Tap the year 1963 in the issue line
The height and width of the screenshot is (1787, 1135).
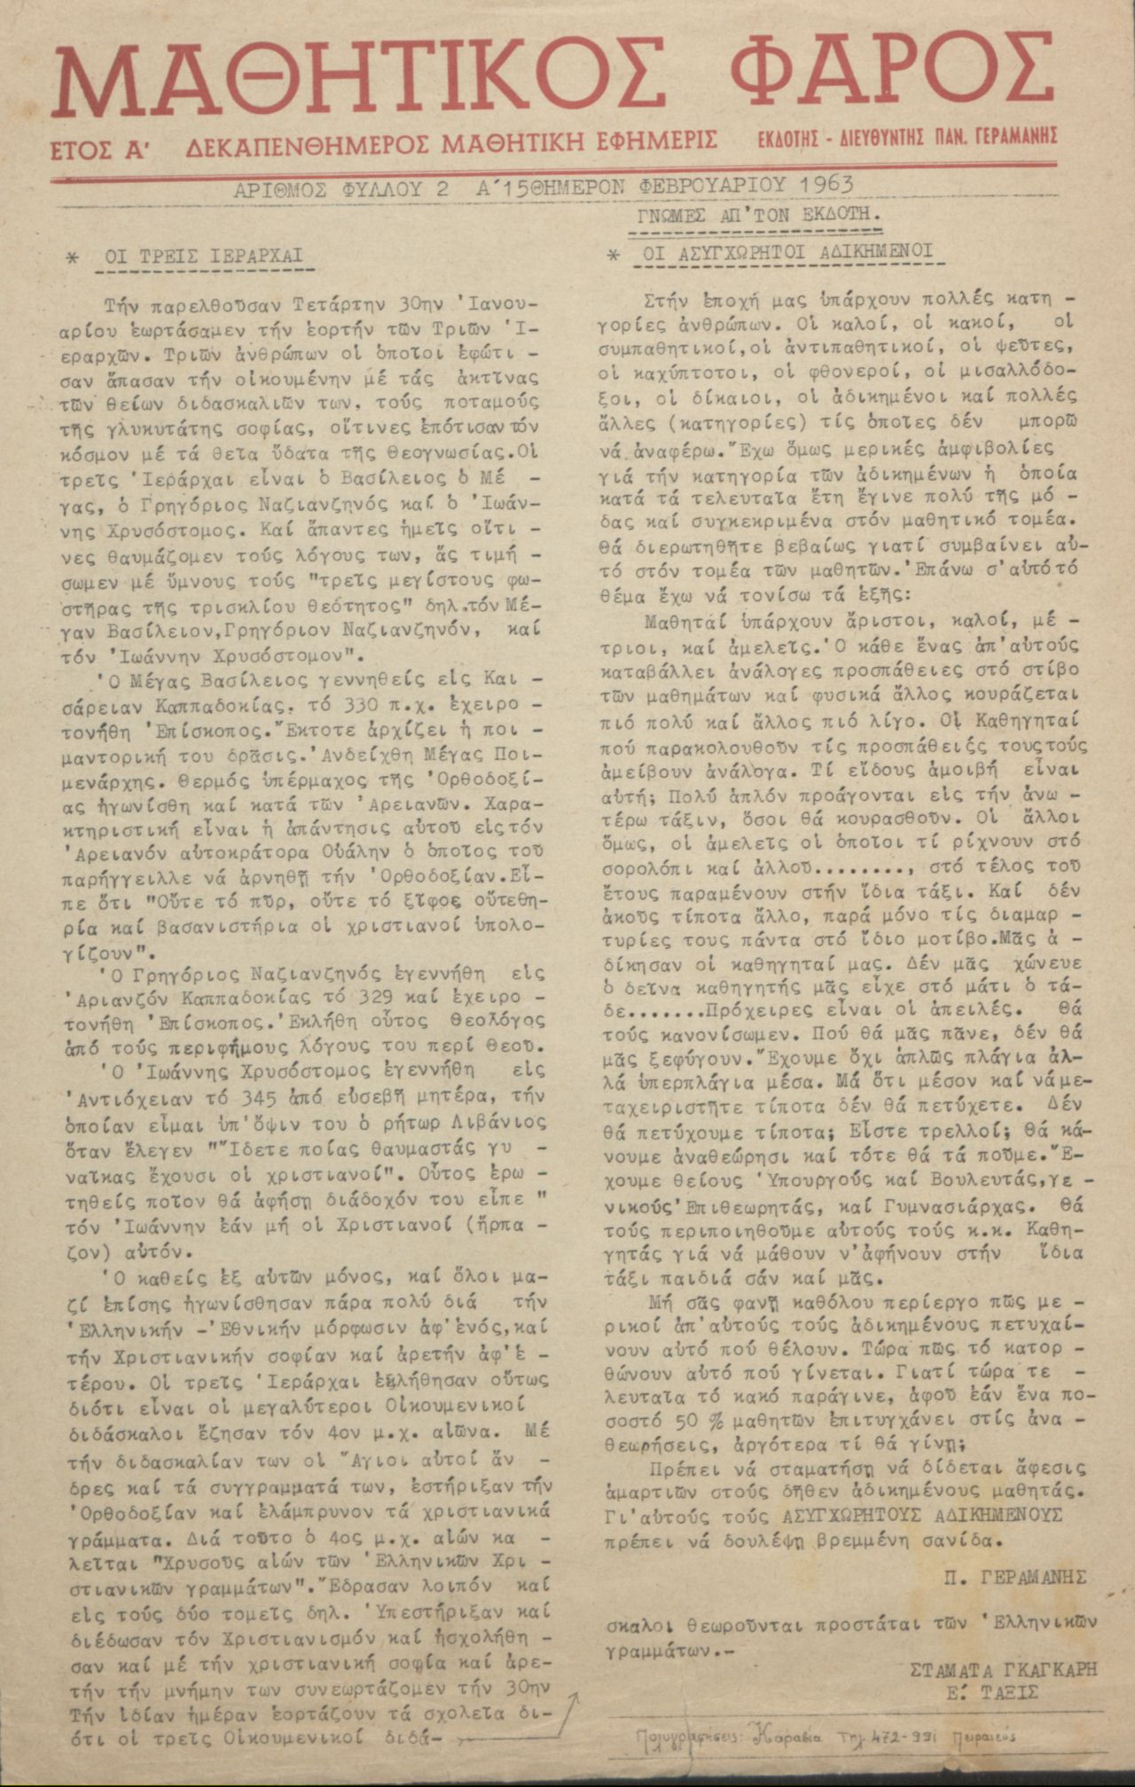825,185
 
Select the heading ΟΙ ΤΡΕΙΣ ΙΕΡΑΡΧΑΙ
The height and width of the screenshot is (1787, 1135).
204,257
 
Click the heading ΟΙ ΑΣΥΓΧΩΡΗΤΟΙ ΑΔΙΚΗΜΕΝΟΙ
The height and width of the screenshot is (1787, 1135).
788,252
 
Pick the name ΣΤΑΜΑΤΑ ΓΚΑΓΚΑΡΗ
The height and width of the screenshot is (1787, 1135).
1003,1669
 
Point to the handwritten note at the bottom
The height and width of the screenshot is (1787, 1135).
826,1736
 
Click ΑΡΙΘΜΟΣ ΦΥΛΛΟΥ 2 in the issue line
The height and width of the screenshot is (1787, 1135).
341,189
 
